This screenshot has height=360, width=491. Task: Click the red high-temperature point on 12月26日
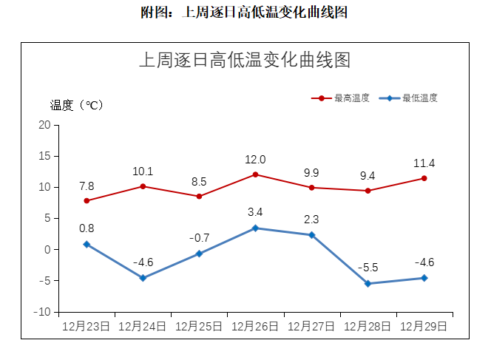tap(255, 174)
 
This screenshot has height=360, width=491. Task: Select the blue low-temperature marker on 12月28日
tap(368, 284)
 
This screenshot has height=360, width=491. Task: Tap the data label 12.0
tap(255, 160)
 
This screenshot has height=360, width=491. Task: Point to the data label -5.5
tap(368, 268)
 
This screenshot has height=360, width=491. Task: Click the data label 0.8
tap(87, 228)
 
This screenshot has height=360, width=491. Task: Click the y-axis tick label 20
tap(45, 125)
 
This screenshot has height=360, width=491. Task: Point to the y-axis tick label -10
tap(43, 312)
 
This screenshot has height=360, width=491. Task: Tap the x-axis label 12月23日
tap(87, 325)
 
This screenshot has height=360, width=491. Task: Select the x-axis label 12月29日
tap(424, 325)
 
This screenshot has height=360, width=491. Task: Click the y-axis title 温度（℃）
tap(77, 105)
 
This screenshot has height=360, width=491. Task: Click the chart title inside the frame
tap(245, 61)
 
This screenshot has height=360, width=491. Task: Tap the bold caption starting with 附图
tap(245, 13)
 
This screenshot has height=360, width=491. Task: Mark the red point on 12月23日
tap(87, 201)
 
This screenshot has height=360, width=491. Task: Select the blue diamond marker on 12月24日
tap(143, 278)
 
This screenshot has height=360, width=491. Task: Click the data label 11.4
tap(424, 163)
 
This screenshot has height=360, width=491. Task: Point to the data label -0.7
tap(199, 238)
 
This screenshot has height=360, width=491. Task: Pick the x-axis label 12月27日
tap(311, 325)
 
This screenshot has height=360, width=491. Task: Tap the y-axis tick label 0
tap(47, 250)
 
